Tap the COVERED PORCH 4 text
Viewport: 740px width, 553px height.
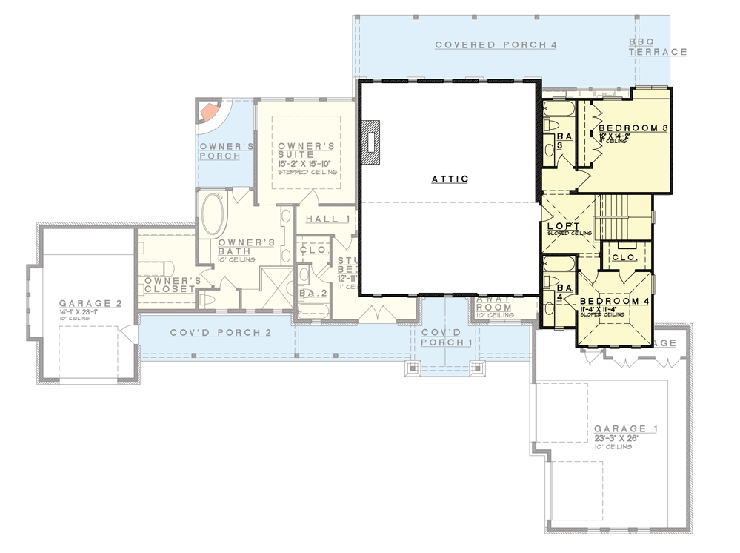tap(496, 45)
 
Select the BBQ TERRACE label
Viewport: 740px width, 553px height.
tap(657, 47)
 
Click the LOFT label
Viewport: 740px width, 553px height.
tap(564, 226)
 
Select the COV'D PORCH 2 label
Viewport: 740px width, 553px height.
tap(221, 333)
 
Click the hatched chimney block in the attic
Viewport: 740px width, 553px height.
tap(370, 142)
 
